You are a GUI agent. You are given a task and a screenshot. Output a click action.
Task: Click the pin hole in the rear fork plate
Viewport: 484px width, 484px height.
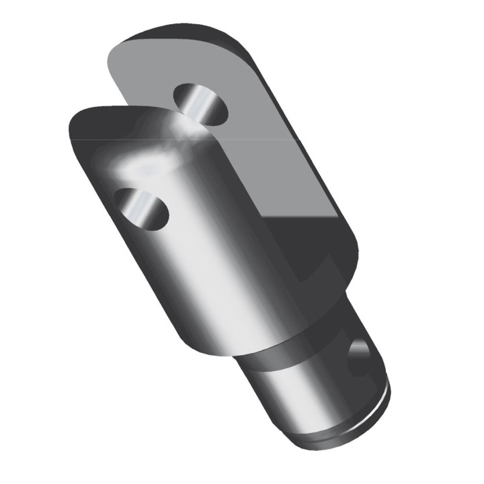(200, 104)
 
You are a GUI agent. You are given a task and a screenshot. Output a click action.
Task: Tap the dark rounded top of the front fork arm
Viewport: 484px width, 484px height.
(101, 121)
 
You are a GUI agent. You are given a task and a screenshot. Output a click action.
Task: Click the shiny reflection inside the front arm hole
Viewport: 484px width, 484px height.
(138, 205)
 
